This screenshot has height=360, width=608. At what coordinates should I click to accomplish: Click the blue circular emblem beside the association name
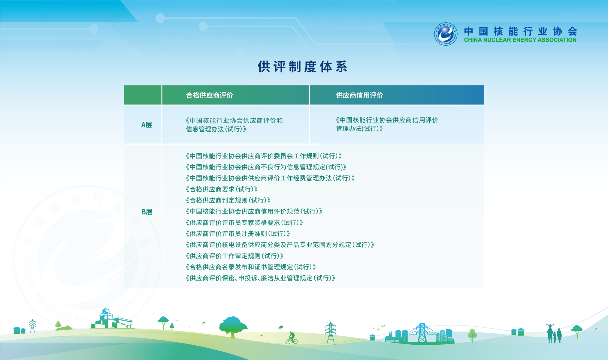click(x=446, y=34)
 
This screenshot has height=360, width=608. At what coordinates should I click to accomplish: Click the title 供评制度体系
click(x=303, y=67)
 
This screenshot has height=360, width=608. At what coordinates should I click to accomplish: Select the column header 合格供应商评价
click(x=210, y=95)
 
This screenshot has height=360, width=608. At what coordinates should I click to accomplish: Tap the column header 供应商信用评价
click(x=359, y=95)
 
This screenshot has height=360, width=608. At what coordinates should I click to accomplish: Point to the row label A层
click(x=147, y=125)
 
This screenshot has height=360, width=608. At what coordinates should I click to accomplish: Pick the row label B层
click(x=147, y=212)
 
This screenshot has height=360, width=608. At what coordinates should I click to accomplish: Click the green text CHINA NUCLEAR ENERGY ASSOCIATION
click(x=520, y=40)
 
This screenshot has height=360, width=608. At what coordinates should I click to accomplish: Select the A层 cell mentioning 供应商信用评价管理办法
click(x=387, y=124)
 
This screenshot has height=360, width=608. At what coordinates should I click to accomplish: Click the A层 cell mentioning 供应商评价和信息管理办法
click(x=234, y=125)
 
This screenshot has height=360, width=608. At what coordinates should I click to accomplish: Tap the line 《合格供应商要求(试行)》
click(x=222, y=189)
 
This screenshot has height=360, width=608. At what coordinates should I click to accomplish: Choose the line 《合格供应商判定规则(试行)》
click(x=228, y=200)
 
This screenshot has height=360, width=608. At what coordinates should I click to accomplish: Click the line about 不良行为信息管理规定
click(x=266, y=167)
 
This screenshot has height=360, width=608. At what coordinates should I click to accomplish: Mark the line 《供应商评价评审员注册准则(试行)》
click(x=238, y=234)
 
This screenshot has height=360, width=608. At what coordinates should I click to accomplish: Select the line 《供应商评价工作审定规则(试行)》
click(x=234, y=256)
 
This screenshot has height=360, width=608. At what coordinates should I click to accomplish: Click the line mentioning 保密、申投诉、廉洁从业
click(x=260, y=278)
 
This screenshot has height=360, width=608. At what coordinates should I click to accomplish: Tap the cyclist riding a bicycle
click(x=291, y=338)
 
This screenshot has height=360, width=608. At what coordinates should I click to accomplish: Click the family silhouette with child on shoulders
click(x=554, y=333)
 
